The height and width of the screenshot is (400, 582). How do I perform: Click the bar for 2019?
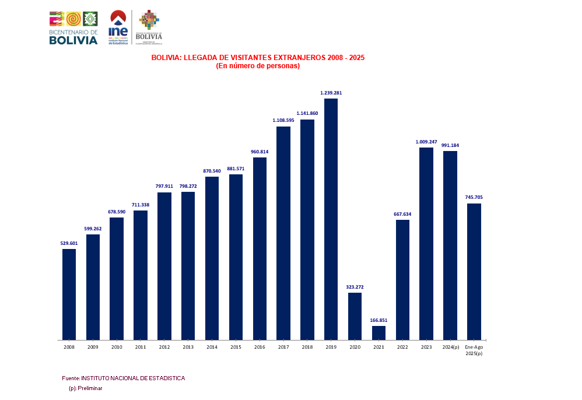click(x=331, y=219)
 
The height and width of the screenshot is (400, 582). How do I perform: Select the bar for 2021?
click(x=378, y=332)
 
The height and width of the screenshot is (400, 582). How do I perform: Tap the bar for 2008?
click(x=69, y=294)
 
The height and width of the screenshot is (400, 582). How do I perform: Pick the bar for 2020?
click(x=355, y=315)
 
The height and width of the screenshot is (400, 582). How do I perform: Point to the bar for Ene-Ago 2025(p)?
click(x=474, y=271)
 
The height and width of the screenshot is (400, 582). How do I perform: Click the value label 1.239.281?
click(x=331, y=93)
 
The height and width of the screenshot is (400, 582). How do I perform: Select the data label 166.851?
click(x=378, y=320)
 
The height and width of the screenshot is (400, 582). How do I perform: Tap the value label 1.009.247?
click(x=426, y=142)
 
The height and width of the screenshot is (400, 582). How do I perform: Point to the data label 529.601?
click(x=69, y=243)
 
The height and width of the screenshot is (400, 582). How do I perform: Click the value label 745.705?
click(x=474, y=197)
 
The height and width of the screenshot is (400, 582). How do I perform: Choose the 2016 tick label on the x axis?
click(x=260, y=347)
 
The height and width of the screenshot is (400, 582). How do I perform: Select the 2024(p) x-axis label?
click(x=450, y=347)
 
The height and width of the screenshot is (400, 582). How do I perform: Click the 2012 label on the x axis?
click(x=164, y=347)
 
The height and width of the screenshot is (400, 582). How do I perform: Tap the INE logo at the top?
click(x=118, y=27)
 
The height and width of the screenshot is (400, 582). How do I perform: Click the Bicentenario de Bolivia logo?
click(x=73, y=27)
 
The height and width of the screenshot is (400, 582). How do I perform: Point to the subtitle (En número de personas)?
click(x=258, y=66)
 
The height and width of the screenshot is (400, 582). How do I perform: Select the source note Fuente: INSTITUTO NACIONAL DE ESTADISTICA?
click(x=123, y=378)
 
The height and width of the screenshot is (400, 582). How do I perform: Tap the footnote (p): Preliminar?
click(x=85, y=388)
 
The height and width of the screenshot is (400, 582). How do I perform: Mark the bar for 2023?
click(x=426, y=243)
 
